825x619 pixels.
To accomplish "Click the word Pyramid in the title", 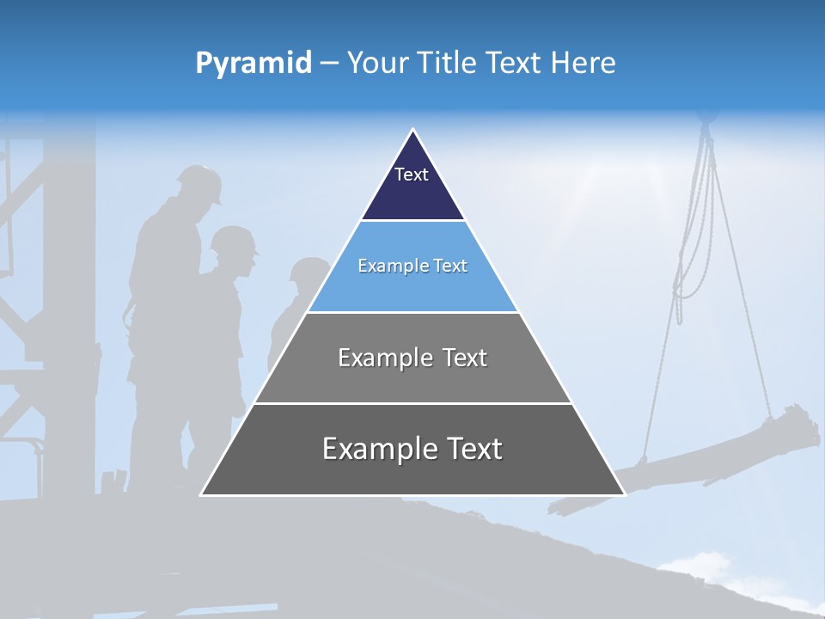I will (x=254, y=64).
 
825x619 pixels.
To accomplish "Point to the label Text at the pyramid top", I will (x=412, y=175).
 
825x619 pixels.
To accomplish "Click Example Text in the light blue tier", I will (x=412, y=266).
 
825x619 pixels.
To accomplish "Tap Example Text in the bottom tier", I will (x=412, y=449).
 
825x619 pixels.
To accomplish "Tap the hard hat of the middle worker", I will (x=234, y=240).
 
